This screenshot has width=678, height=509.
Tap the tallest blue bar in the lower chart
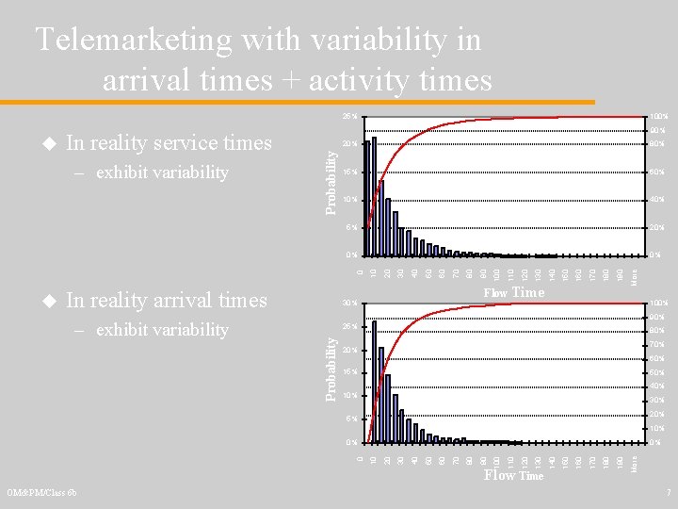coord(374,381)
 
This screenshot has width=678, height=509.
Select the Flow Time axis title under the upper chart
coord(513,293)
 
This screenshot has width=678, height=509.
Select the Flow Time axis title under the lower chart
coord(513,476)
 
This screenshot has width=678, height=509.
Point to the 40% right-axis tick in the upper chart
coord(657,200)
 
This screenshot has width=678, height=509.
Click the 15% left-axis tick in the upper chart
coord(348,172)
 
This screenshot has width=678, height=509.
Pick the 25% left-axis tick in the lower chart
coord(348,326)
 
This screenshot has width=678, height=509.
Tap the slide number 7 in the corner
coord(668,493)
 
